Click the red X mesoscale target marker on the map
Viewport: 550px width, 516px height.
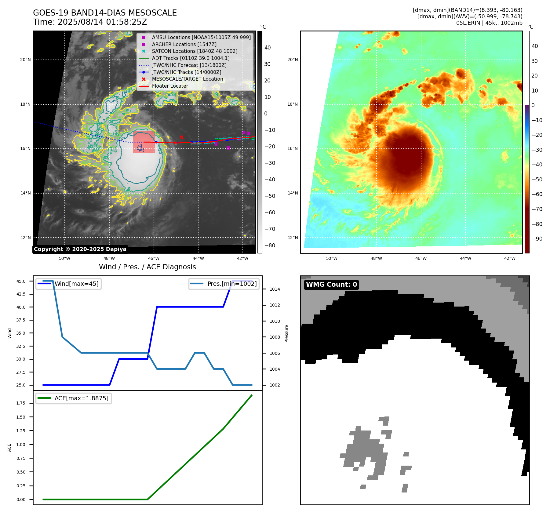(x=181, y=137)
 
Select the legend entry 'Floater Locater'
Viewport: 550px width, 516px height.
(x=170, y=86)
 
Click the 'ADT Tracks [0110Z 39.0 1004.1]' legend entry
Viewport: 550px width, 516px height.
(x=191, y=58)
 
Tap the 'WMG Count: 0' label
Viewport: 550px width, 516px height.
(x=331, y=285)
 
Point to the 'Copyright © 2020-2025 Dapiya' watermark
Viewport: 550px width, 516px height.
(x=80, y=249)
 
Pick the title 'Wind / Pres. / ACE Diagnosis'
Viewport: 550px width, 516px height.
(x=147, y=267)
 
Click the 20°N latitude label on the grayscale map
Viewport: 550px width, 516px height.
(x=25, y=60)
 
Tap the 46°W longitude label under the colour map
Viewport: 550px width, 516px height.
(x=421, y=258)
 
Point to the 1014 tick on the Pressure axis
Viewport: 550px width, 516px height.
(x=275, y=289)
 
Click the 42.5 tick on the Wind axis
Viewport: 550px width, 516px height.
(x=21, y=294)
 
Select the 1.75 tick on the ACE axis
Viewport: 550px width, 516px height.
(x=21, y=403)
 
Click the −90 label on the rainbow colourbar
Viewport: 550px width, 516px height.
(x=537, y=239)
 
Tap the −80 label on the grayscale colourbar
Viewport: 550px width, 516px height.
(x=270, y=245)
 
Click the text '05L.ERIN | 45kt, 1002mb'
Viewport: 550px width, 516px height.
(x=489, y=23)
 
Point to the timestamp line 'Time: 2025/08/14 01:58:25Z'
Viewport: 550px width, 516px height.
(x=90, y=22)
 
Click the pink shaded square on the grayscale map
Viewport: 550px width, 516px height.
(x=144, y=142)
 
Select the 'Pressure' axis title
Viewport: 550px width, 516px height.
(x=286, y=333)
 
